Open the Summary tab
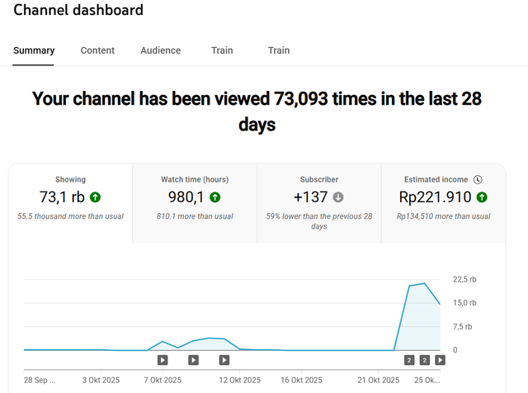pyautogui.click(x=34, y=50)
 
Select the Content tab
pyautogui.click(x=97, y=50)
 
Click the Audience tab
pyautogui.click(x=160, y=50)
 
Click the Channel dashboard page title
pyautogui.click(x=78, y=11)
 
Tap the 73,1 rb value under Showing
pyautogui.click(x=62, y=197)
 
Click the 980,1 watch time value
pyautogui.click(x=186, y=197)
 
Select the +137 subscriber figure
pyautogui.click(x=310, y=197)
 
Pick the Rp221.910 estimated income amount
pyautogui.click(x=435, y=197)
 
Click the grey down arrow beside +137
pyautogui.click(x=338, y=197)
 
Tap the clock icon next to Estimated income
pyautogui.click(x=478, y=179)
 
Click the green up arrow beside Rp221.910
pyautogui.click(x=482, y=197)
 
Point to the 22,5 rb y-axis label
pyautogui.click(x=465, y=279)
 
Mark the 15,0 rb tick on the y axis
pyautogui.click(x=465, y=303)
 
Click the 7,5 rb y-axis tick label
pyautogui.click(x=464, y=326)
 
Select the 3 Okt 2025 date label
pyautogui.click(x=101, y=381)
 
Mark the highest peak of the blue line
pyautogui.click(x=424, y=283)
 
